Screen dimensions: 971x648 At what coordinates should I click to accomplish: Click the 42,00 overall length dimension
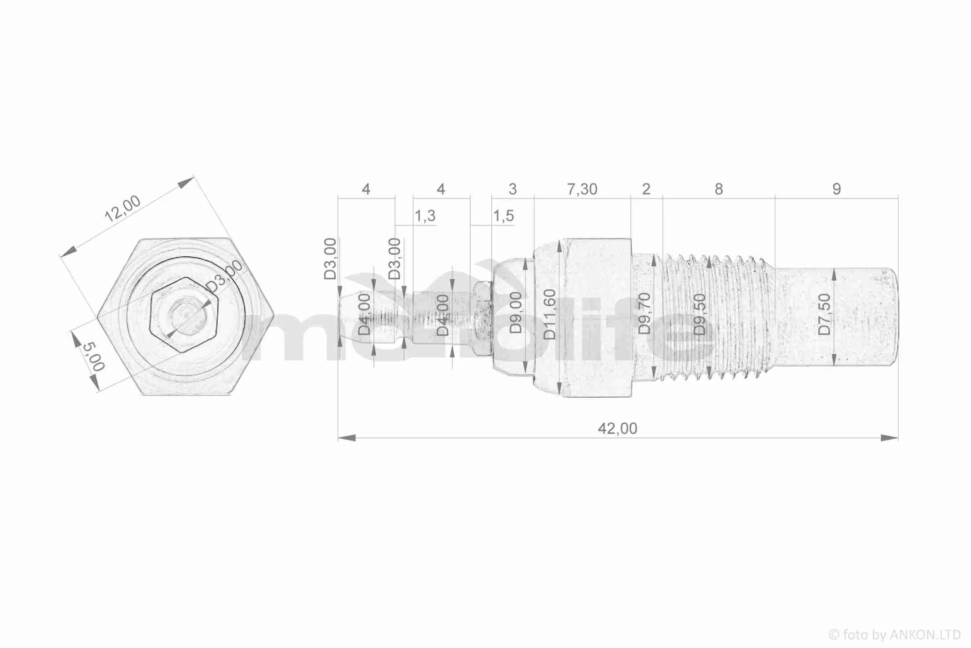click(617, 428)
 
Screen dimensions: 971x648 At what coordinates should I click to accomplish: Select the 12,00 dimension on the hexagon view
click(122, 208)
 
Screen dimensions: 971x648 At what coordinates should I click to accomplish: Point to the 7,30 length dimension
click(582, 189)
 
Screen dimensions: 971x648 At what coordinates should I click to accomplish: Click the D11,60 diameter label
click(550, 314)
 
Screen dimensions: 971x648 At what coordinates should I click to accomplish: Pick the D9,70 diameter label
click(644, 314)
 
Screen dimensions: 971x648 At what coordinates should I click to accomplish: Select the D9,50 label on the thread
click(699, 314)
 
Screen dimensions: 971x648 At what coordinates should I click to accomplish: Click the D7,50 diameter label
click(824, 314)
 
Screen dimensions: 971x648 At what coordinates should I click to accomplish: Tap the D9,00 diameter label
click(515, 313)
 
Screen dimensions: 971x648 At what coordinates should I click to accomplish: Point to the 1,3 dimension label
click(425, 216)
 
